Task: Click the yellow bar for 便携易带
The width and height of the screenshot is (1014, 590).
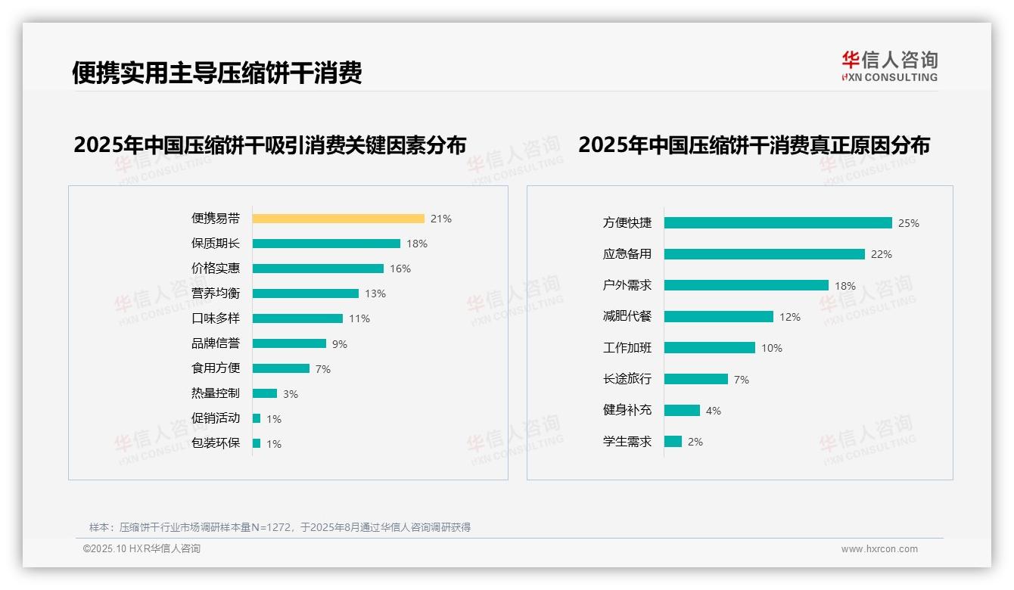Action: [x=338, y=219]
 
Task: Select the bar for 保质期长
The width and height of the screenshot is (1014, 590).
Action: [x=326, y=244]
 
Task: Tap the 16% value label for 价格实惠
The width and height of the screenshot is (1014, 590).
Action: [x=400, y=269]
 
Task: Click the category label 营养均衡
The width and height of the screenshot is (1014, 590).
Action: [x=216, y=293]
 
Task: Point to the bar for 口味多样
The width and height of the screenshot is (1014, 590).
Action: [x=297, y=318]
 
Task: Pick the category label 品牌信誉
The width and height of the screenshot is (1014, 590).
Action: [x=216, y=343]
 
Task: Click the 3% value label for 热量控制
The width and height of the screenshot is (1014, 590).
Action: [x=291, y=394]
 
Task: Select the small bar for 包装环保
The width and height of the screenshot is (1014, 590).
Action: [x=257, y=443]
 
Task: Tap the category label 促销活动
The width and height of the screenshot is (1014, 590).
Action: [x=216, y=418]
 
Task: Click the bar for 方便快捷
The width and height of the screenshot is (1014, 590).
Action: [x=778, y=223]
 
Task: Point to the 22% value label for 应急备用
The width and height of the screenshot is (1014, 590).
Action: [x=882, y=254]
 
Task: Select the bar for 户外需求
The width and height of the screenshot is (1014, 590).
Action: [x=746, y=285]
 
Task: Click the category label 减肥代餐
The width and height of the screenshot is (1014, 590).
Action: [x=627, y=317]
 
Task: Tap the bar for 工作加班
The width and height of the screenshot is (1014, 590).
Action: [x=710, y=348]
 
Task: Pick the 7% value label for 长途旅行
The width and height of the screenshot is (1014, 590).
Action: [x=742, y=380]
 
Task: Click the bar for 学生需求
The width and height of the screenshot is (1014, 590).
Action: [x=673, y=442]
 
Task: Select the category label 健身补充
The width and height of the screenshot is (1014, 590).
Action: [x=627, y=410]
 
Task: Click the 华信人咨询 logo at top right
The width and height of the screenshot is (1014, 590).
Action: [x=889, y=67]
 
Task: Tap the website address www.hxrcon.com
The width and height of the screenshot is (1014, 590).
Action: [x=879, y=549]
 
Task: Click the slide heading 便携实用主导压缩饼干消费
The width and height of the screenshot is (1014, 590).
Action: [x=217, y=73]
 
